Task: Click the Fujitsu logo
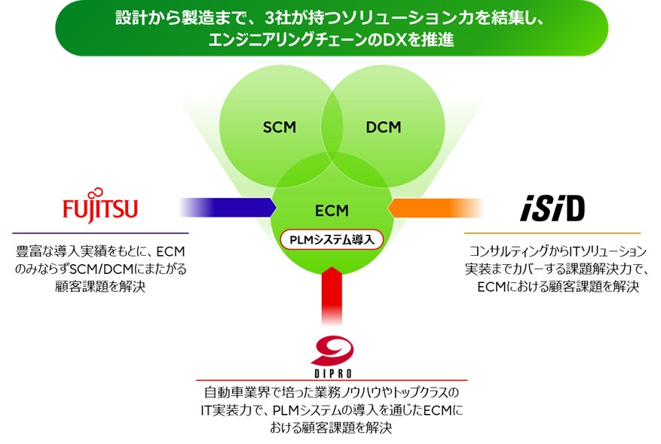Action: pyautogui.click(x=101, y=207)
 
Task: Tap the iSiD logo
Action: pyautogui.click(x=552, y=209)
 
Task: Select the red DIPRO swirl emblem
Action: pyautogui.click(x=332, y=350)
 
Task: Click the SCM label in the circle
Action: pyautogui.click(x=279, y=126)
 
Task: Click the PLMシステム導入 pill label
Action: pyautogui.click(x=331, y=239)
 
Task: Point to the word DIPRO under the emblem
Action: pyautogui.click(x=332, y=373)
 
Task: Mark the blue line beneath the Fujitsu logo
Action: pyautogui.click(x=100, y=233)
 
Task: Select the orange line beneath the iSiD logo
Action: pyautogui.click(x=552, y=233)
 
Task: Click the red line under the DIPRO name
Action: pyautogui.click(x=332, y=380)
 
